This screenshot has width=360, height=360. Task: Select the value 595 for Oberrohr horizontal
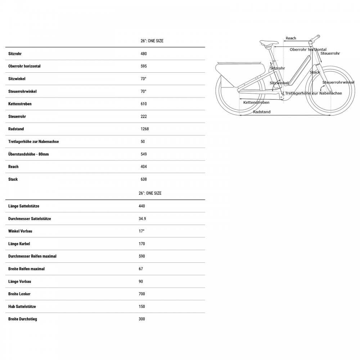pyautogui.click(x=144, y=66)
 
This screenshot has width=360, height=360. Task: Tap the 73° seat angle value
pyautogui.click(x=143, y=79)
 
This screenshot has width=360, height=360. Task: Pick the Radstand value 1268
pyautogui.click(x=145, y=129)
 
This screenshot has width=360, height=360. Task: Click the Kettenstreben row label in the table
pyautogui.click(x=20, y=104)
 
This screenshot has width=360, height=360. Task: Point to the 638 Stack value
pyautogui.click(x=144, y=179)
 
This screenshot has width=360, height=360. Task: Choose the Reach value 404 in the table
pyautogui.click(x=144, y=167)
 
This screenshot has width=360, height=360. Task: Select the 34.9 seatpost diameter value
pyautogui.click(x=143, y=219)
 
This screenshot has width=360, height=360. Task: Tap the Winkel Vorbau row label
pyautogui.click(x=20, y=231)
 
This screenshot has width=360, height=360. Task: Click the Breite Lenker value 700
pyautogui.click(x=142, y=294)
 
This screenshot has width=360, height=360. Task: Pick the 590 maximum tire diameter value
pyautogui.click(x=142, y=256)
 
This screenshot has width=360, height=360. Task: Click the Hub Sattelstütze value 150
pyautogui.click(x=142, y=306)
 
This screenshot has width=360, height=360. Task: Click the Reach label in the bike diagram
pyautogui.click(x=291, y=38)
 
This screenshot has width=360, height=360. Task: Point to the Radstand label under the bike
pyautogui.click(x=262, y=112)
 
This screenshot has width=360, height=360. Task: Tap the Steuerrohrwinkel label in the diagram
pyautogui.click(x=338, y=82)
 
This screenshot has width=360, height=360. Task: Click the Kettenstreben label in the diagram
pyautogui.click(x=256, y=103)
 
